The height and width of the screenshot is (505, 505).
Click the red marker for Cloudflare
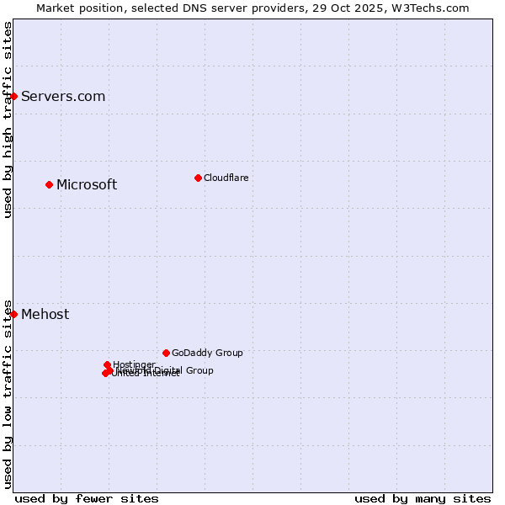coord(198,178)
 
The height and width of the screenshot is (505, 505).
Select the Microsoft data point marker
coord(49,184)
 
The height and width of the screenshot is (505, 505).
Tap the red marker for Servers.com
coord(13,96)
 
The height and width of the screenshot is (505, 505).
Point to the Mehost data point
coord(13,314)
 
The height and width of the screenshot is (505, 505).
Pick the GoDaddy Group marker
coord(166,353)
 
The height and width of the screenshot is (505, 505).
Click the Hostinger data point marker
coord(107,364)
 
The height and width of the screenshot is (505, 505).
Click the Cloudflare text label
coord(226,178)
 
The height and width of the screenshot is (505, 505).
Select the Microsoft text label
coord(87,185)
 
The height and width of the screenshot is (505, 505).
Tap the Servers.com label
coord(63,96)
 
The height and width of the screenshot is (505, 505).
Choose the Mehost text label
coord(45,315)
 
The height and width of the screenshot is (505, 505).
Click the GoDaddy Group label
coord(207,353)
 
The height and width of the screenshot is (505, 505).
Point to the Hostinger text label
coord(134,364)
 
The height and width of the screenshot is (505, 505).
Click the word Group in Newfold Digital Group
coord(199,370)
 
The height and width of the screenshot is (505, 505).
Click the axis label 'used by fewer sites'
coord(87,498)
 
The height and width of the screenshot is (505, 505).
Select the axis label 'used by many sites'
coord(423,498)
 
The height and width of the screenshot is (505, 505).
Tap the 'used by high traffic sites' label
coord(8,120)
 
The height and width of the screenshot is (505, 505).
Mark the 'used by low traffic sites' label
coord(8,394)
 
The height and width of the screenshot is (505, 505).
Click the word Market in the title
coord(56,8)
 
